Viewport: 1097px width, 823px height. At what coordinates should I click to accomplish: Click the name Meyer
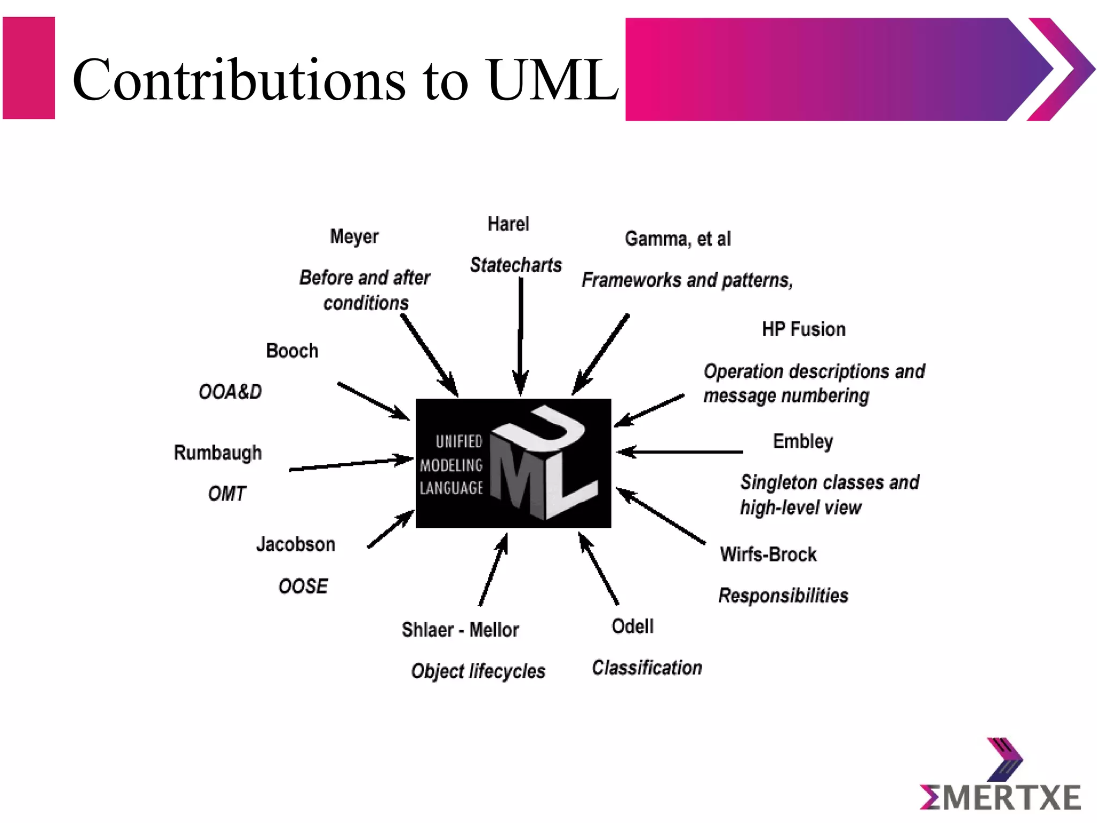coord(354,237)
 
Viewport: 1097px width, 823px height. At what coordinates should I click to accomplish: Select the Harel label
coord(508,224)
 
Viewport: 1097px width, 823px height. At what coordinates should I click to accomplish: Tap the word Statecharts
coord(516,265)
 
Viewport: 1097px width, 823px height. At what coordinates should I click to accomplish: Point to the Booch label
coord(292,351)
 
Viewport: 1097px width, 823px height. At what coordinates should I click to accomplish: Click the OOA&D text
coord(230,392)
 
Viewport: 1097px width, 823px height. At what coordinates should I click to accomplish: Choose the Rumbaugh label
coord(218,453)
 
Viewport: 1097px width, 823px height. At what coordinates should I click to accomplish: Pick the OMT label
coord(227,493)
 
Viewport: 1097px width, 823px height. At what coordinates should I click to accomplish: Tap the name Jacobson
coord(296,544)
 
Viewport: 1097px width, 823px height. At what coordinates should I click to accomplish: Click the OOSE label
coord(303,586)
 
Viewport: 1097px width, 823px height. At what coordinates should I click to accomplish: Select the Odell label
coord(633,626)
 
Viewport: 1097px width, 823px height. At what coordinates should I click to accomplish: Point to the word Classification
coord(647,668)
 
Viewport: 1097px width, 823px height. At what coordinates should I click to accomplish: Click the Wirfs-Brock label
coord(768,554)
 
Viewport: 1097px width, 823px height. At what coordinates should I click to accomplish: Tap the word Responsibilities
coord(783,595)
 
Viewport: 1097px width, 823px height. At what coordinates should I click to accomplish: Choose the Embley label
coord(803,442)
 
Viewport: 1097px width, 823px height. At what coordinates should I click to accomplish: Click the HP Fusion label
coord(803,329)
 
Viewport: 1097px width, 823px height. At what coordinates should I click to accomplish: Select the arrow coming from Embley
coord(680,452)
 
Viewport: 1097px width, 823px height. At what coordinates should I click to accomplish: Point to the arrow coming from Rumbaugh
coord(351,464)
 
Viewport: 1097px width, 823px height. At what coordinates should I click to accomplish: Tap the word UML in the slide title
coord(552,80)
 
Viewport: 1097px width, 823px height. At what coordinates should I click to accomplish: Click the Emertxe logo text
coord(1000,797)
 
